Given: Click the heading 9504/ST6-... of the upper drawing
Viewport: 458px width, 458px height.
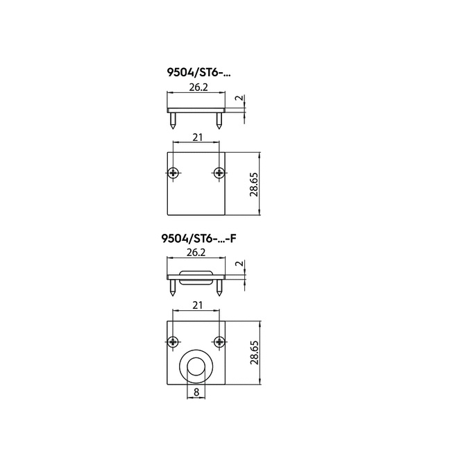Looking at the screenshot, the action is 198,72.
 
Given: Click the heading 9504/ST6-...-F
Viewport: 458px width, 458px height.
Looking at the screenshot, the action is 198,239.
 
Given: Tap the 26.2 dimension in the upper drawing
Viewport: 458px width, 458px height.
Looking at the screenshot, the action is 198,87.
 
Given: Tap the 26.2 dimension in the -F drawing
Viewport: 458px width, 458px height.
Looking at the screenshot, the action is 196,253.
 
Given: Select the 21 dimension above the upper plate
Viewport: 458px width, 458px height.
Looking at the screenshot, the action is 198,137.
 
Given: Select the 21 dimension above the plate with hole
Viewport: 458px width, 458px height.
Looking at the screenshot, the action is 198,305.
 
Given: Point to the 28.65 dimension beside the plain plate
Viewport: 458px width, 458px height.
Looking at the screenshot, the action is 254,185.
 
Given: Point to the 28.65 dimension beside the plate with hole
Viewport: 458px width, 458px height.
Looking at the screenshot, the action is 255,353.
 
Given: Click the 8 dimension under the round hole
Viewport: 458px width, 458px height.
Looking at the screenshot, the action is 196,392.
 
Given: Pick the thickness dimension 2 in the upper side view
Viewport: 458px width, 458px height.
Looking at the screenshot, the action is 240,98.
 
